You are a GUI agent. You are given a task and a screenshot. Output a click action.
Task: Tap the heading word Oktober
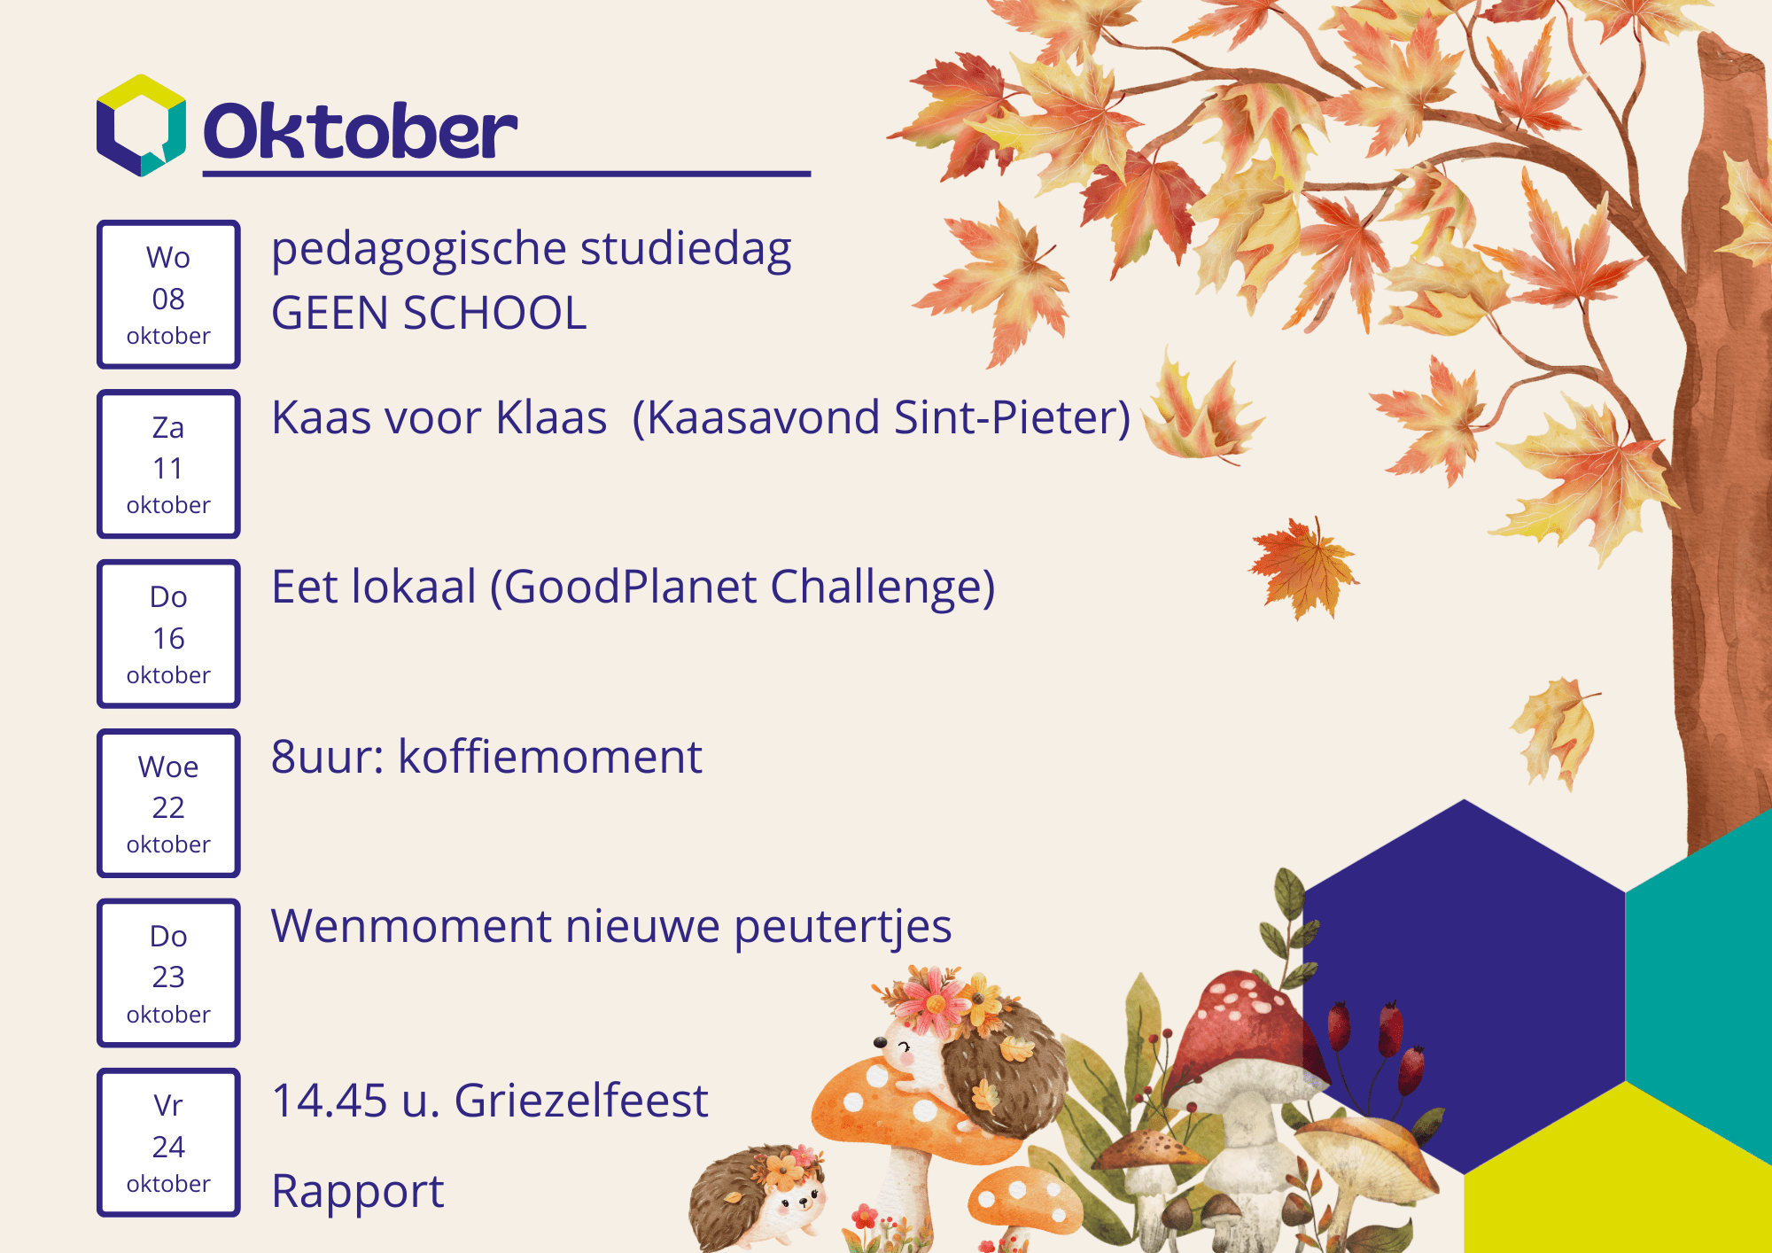pyautogui.click(x=361, y=131)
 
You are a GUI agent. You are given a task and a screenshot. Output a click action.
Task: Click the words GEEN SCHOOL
pyautogui.click(x=429, y=313)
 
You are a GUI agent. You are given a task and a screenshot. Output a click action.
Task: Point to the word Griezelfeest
pyautogui.click(x=581, y=1101)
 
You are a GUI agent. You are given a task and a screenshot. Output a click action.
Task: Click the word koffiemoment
pyautogui.click(x=550, y=757)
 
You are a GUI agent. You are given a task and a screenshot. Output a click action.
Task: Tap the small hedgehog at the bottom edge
pyautogui.click(x=758, y=1196)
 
